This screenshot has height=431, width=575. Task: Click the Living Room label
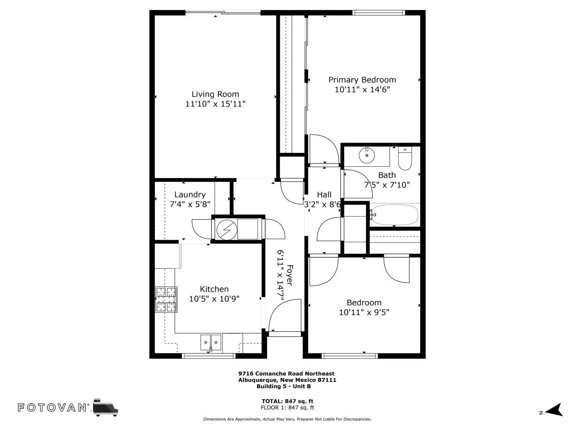coord(215,94)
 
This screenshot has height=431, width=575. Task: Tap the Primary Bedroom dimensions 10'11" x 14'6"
coord(362,89)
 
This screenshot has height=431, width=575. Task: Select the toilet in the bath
coord(405,158)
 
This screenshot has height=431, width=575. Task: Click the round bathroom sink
coord(367,155)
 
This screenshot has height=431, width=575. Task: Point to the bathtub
coord(395,215)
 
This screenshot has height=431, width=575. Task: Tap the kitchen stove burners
coord(167,300)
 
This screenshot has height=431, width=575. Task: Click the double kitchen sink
coord(210,342)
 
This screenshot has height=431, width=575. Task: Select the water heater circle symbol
coord(227,230)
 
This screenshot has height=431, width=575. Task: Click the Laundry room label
coord(190,194)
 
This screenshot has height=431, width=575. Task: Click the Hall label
coord(324,194)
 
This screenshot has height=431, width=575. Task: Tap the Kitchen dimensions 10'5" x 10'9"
coord(214,299)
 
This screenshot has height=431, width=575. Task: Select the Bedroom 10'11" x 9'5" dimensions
coord(364,312)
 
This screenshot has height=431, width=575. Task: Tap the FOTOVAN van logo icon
coord(106,407)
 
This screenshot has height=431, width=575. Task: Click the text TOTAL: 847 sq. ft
coord(287,401)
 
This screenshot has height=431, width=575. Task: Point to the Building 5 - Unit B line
coord(284,386)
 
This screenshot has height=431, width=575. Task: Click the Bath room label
coord(387,175)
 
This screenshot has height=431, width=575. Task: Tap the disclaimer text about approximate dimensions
coord(287,419)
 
